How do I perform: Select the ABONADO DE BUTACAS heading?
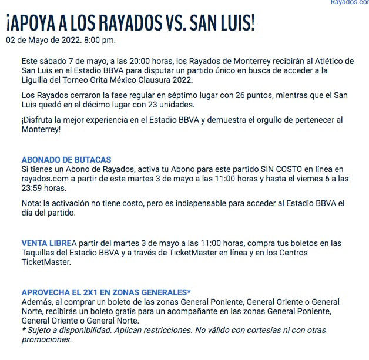[x=66, y=160]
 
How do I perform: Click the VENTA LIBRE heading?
[x=46, y=243]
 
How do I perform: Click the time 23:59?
[x=33, y=188]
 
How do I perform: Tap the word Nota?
[x=32, y=203]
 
